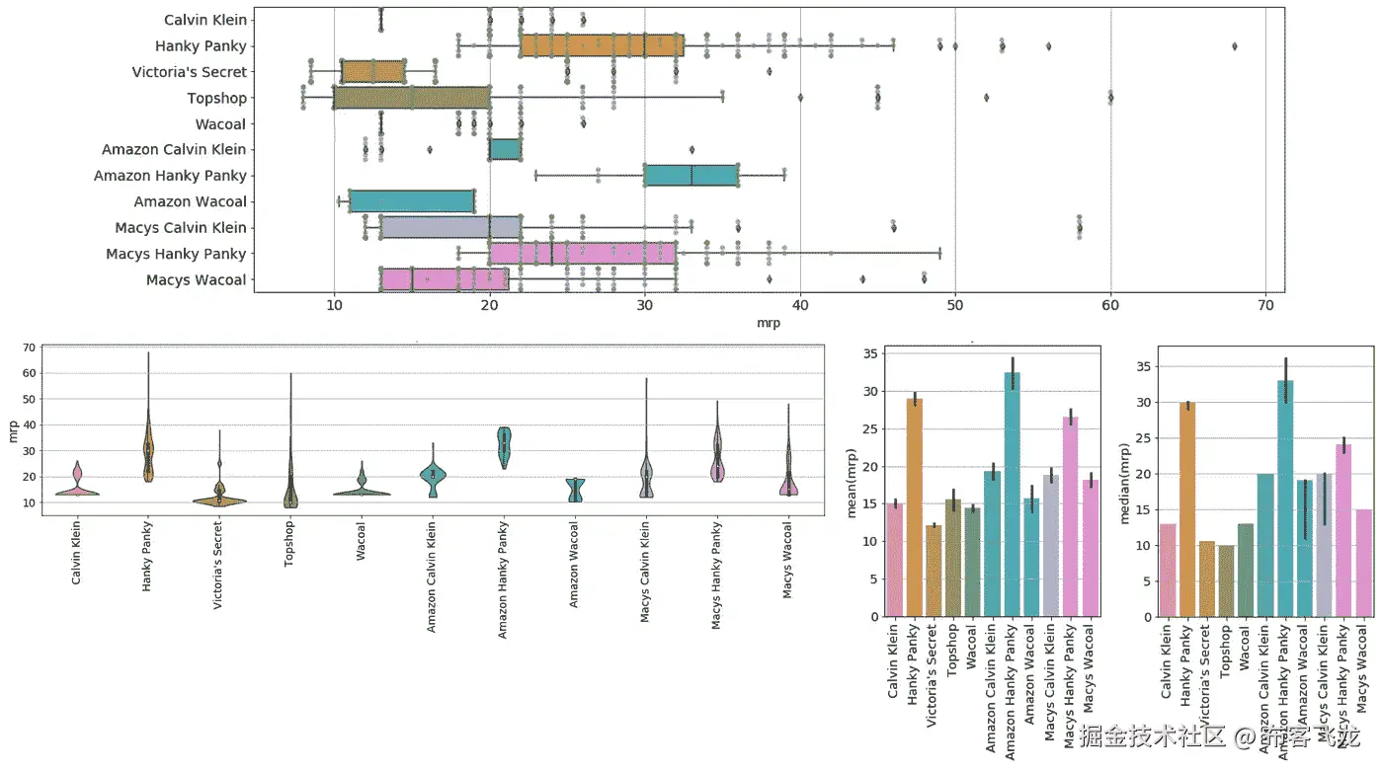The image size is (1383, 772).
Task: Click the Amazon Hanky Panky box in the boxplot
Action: click(x=691, y=176)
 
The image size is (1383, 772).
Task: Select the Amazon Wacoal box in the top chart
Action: click(x=411, y=201)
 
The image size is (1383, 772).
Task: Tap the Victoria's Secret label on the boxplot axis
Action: click(x=190, y=72)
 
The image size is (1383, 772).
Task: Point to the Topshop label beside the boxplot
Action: click(x=217, y=98)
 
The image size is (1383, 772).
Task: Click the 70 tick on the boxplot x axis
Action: click(x=1266, y=306)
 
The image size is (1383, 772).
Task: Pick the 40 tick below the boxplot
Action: click(x=800, y=306)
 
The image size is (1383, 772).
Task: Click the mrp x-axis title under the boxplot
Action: click(x=769, y=323)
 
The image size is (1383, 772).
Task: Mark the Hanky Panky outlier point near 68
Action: click(x=1235, y=46)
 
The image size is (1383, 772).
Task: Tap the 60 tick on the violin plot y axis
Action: click(x=30, y=373)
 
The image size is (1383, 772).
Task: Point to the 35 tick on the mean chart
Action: click(x=869, y=353)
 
